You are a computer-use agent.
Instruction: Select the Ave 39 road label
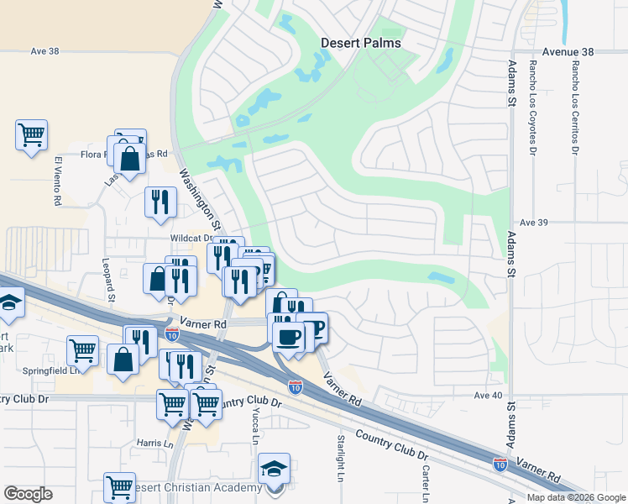[x=533, y=223]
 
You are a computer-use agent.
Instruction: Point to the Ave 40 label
[x=487, y=396]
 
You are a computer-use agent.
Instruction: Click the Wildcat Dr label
[x=188, y=238]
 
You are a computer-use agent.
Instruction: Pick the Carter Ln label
[x=426, y=480]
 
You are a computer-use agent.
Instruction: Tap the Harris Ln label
[x=154, y=442]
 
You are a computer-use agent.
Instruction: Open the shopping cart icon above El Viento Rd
[x=31, y=134]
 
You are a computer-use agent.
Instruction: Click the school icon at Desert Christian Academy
[x=274, y=469]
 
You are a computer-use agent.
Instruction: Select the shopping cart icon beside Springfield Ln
[x=83, y=349]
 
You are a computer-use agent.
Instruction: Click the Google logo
[x=28, y=494]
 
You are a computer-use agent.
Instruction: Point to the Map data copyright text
[x=576, y=497]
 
